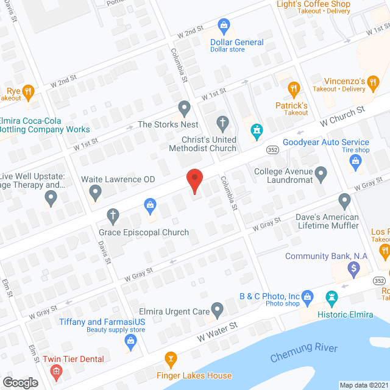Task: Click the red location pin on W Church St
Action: click(194, 180)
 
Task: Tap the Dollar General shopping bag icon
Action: click(224, 26)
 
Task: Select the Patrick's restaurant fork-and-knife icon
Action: click(294, 89)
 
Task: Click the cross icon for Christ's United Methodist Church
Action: click(223, 123)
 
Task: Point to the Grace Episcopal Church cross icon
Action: click(112, 215)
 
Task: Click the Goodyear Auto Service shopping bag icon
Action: click(356, 162)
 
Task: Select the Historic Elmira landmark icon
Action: click(332, 298)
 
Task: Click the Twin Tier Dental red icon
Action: click(56, 371)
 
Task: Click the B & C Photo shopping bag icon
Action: click(307, 297)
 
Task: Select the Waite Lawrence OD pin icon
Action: click(95, 193)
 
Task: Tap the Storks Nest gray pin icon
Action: click(184, 109)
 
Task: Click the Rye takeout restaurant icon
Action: click(27, 93)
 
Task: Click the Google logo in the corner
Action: click(20, 382)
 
